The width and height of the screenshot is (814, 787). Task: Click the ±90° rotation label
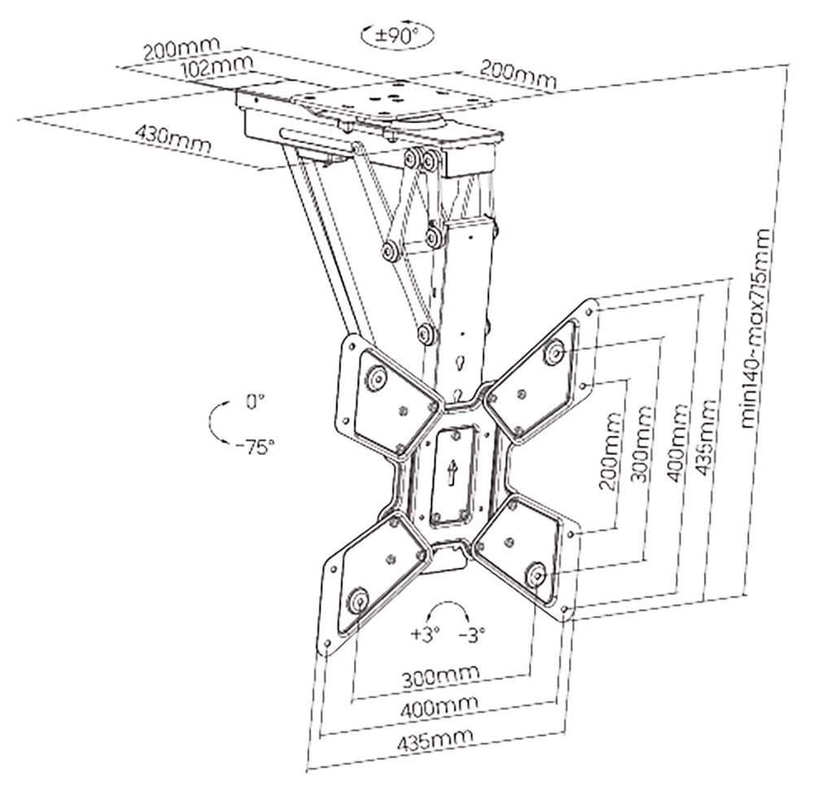398,35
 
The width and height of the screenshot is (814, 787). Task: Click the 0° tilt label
256,400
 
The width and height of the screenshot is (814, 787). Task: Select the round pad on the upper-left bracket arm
376,379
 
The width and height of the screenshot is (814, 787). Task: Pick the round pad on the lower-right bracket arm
537,572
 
